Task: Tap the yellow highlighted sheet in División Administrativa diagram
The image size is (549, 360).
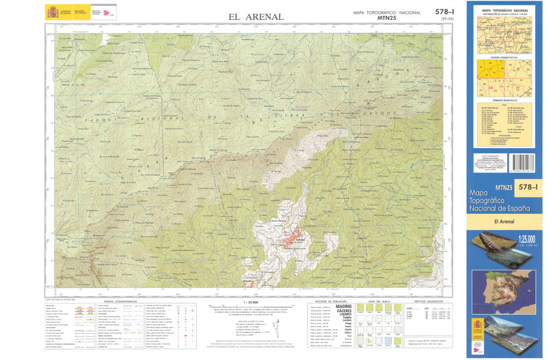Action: pos(491,74)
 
